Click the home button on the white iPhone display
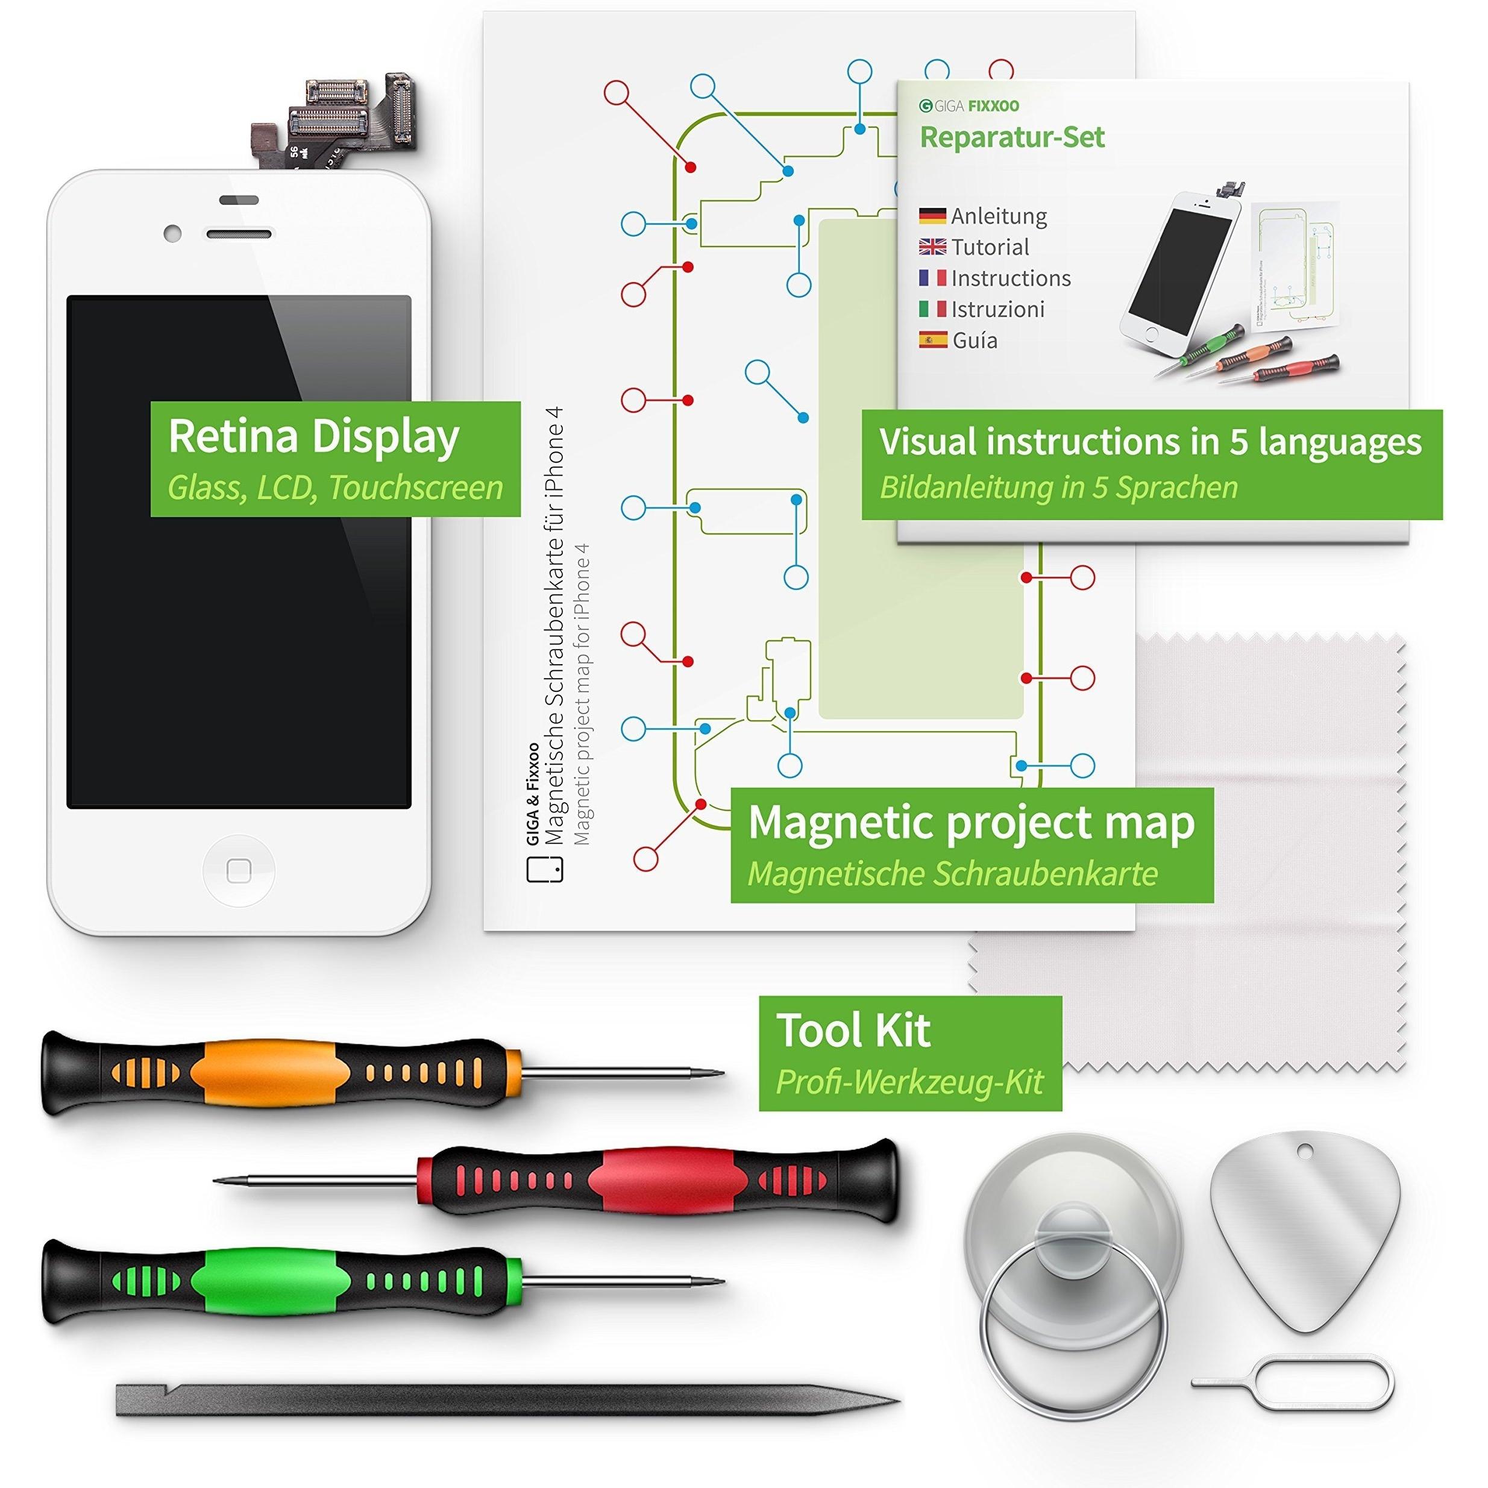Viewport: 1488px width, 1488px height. (239, 871)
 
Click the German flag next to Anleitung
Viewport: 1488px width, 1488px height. (932, 216)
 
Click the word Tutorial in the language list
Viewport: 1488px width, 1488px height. (990, 247)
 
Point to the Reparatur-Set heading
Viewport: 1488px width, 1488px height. (1012, 137)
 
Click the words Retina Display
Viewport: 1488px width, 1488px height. (313, 438)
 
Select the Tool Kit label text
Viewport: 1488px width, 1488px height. (853, 1031)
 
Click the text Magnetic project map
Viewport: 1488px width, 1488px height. (971, 823)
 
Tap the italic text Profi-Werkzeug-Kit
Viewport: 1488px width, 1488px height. (909, 1081)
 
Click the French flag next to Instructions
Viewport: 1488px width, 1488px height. (932, 278)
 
